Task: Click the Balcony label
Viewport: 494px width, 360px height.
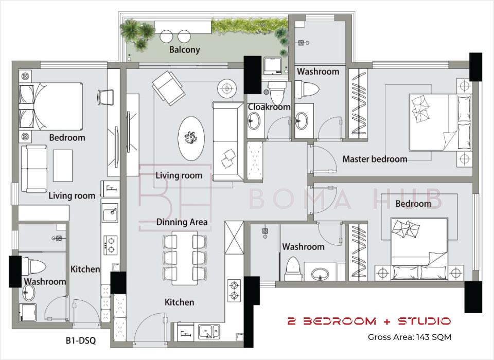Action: click(x=184, y=50)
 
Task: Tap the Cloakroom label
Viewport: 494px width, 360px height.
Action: click(x=269, y=107)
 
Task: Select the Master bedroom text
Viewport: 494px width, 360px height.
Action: click(x=375, y=159)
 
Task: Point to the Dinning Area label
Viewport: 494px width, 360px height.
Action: click(x=182, y=222)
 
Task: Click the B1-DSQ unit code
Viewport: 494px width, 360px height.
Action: click(x=80, y=340)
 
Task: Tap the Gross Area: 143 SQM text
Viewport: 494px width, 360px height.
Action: click(x=410, y=337)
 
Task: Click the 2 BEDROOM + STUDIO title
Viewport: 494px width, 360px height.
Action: click(x=369, y=321)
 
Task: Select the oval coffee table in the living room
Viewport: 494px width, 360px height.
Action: click(x=191, y=138)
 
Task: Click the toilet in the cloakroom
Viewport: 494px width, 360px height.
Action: click(x=277, y=93)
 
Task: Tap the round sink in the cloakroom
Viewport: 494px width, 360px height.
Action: click(x=254, y=121)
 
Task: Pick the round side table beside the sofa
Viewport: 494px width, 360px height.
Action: click(x=226, y=88)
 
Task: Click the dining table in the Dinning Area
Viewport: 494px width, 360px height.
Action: click(x=185, y=258)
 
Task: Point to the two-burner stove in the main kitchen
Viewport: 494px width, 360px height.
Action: click(x=234, y=291)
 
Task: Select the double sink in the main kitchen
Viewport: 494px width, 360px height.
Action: click(x=209, y=332)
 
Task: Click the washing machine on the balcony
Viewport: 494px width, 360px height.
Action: click(x=273, y=66)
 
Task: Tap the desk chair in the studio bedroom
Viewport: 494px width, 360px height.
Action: click(x=105, y=97)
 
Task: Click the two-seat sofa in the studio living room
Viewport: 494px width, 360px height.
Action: click(x=34, y=169)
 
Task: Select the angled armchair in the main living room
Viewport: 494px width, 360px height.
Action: click(x=169, y=88)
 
